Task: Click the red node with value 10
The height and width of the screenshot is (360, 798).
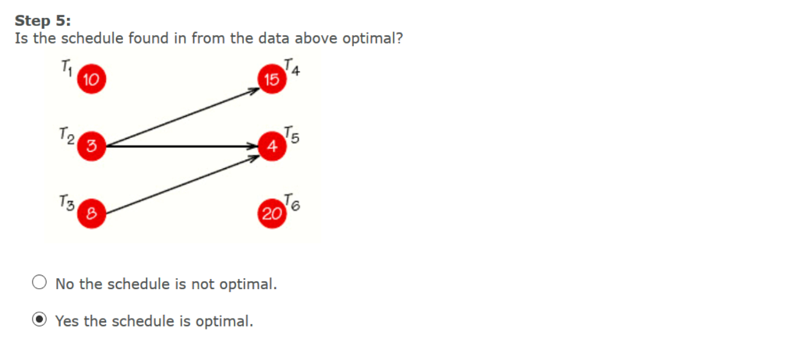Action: (90, 79)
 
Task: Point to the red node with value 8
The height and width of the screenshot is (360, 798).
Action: (91, 210)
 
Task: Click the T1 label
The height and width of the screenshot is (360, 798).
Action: (67, 68)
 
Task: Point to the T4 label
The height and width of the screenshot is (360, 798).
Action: (292, 67)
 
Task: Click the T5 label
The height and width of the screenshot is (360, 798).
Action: (291, 133)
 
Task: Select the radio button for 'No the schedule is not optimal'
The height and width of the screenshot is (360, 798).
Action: (40, 284)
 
